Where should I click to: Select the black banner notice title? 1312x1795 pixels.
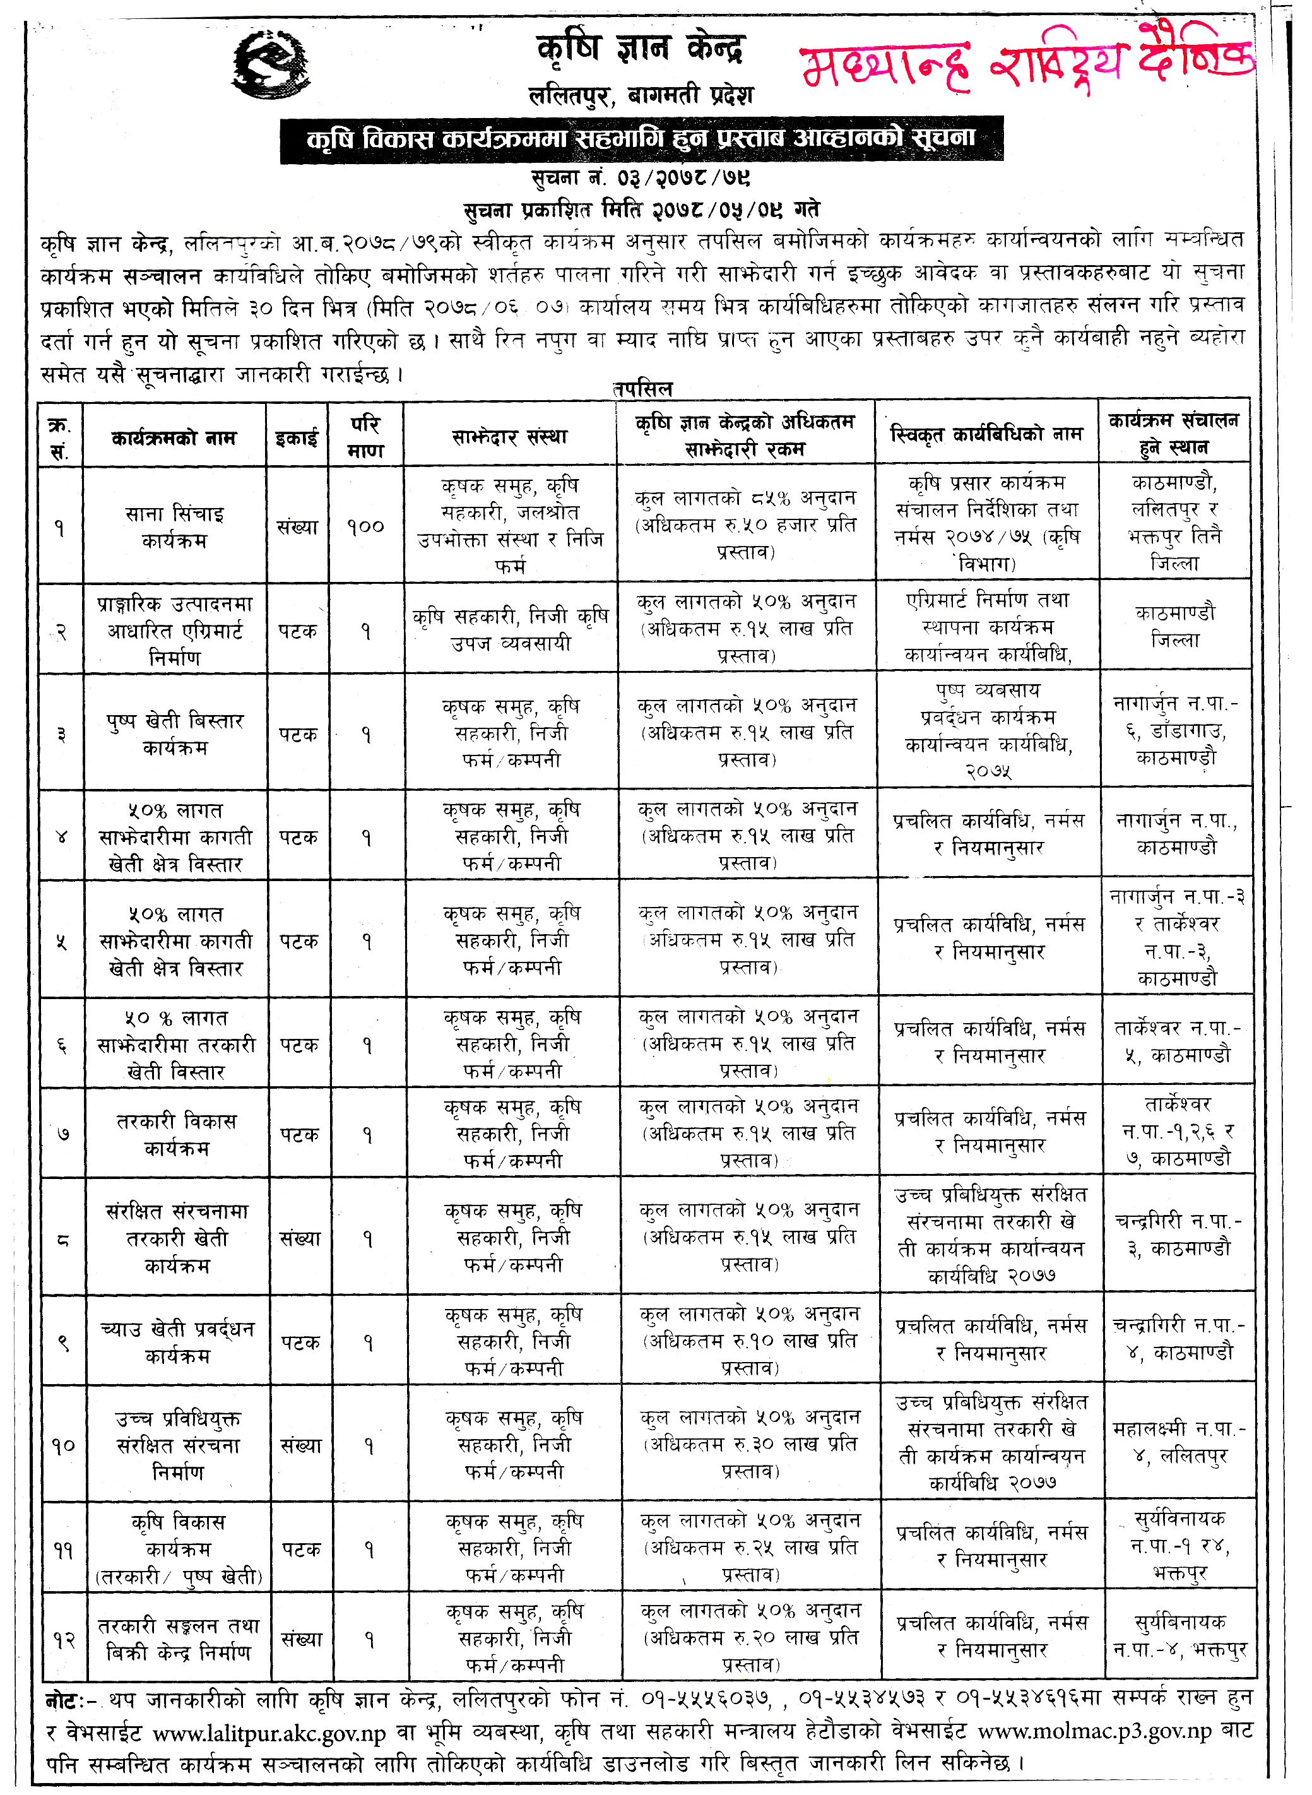[641, 139]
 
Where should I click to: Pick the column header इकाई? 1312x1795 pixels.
[297, 437]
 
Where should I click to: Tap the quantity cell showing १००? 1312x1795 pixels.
[365, 526]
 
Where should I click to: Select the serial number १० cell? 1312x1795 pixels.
[64, 1445]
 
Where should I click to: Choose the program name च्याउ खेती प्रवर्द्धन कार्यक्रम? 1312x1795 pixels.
[177, 1342]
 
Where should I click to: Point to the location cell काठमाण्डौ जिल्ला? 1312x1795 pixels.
[1174, 627]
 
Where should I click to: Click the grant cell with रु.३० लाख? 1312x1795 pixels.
[750, 1444]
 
